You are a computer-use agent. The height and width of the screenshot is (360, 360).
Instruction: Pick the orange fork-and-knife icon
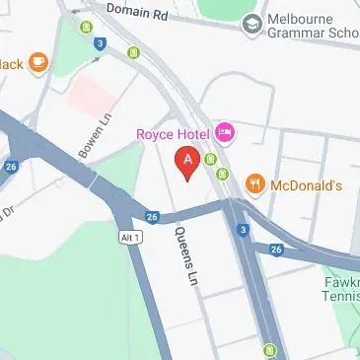pyautogui.click(x=255, y=182)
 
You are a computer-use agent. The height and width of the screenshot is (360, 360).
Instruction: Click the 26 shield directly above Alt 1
pyautogui.click(x=152, y=217)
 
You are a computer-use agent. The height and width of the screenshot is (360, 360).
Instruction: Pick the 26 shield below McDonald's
pyautogui.click(x=275, y=249)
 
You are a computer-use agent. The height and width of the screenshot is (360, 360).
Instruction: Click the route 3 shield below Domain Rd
pyautogui.click(x=102, y=42)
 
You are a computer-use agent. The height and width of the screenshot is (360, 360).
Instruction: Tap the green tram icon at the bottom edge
pyautogui.click(x=269, y=349)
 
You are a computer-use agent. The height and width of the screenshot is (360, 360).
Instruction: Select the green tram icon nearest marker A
pyautogui.click(x=211, y=160)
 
